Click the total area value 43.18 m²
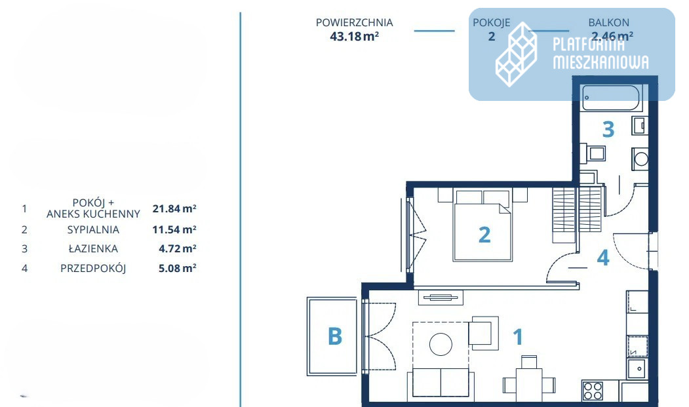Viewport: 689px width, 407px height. coord(354,36)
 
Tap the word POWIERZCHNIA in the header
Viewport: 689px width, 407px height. coord(354,22)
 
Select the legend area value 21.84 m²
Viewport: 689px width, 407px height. coord(174,208)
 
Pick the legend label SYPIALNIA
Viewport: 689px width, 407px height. coord(93,229)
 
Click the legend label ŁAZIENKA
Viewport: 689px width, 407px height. coord(93,249)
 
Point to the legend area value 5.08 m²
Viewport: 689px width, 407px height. coord(178,267)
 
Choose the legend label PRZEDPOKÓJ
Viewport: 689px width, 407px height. coord(93,268)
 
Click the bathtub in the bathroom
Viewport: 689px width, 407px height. coord(611,97)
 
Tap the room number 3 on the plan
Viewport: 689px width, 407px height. coord(608,129)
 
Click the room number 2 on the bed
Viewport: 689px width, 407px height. coord(484,235)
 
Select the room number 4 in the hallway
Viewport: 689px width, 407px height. coord(603,258)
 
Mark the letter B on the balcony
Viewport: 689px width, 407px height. coord(335,337)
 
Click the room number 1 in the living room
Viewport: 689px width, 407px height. coord(518,337)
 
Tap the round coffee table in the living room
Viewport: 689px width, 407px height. coord(441,343)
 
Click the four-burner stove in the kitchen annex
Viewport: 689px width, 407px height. coord(593,391)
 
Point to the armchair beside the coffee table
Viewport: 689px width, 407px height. coord(483,333)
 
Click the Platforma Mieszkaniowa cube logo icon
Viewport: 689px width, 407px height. coord(517,54)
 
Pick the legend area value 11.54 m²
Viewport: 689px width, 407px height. coord(174,229)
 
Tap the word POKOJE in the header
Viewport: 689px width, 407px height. coord(491,22)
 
